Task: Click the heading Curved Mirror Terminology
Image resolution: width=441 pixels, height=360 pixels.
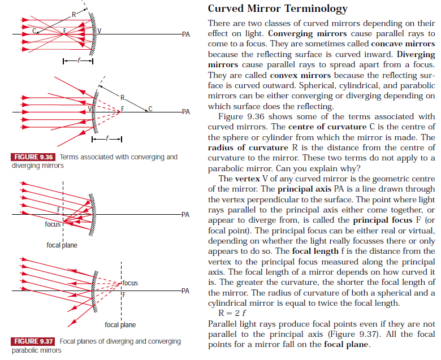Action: [278, 8]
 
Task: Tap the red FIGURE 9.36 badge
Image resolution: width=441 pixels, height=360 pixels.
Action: [33, 157]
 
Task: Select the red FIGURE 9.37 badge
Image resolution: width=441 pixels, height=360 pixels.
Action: [33, 341]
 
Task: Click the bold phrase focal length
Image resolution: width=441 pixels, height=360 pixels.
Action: [314, 250]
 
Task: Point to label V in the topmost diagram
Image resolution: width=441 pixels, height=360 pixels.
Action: [100, 31]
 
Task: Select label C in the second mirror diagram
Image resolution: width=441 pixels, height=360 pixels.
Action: [150, 107]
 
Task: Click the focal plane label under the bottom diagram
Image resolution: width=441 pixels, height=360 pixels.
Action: [120, 325]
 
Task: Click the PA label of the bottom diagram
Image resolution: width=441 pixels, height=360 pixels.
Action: [185, 291]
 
